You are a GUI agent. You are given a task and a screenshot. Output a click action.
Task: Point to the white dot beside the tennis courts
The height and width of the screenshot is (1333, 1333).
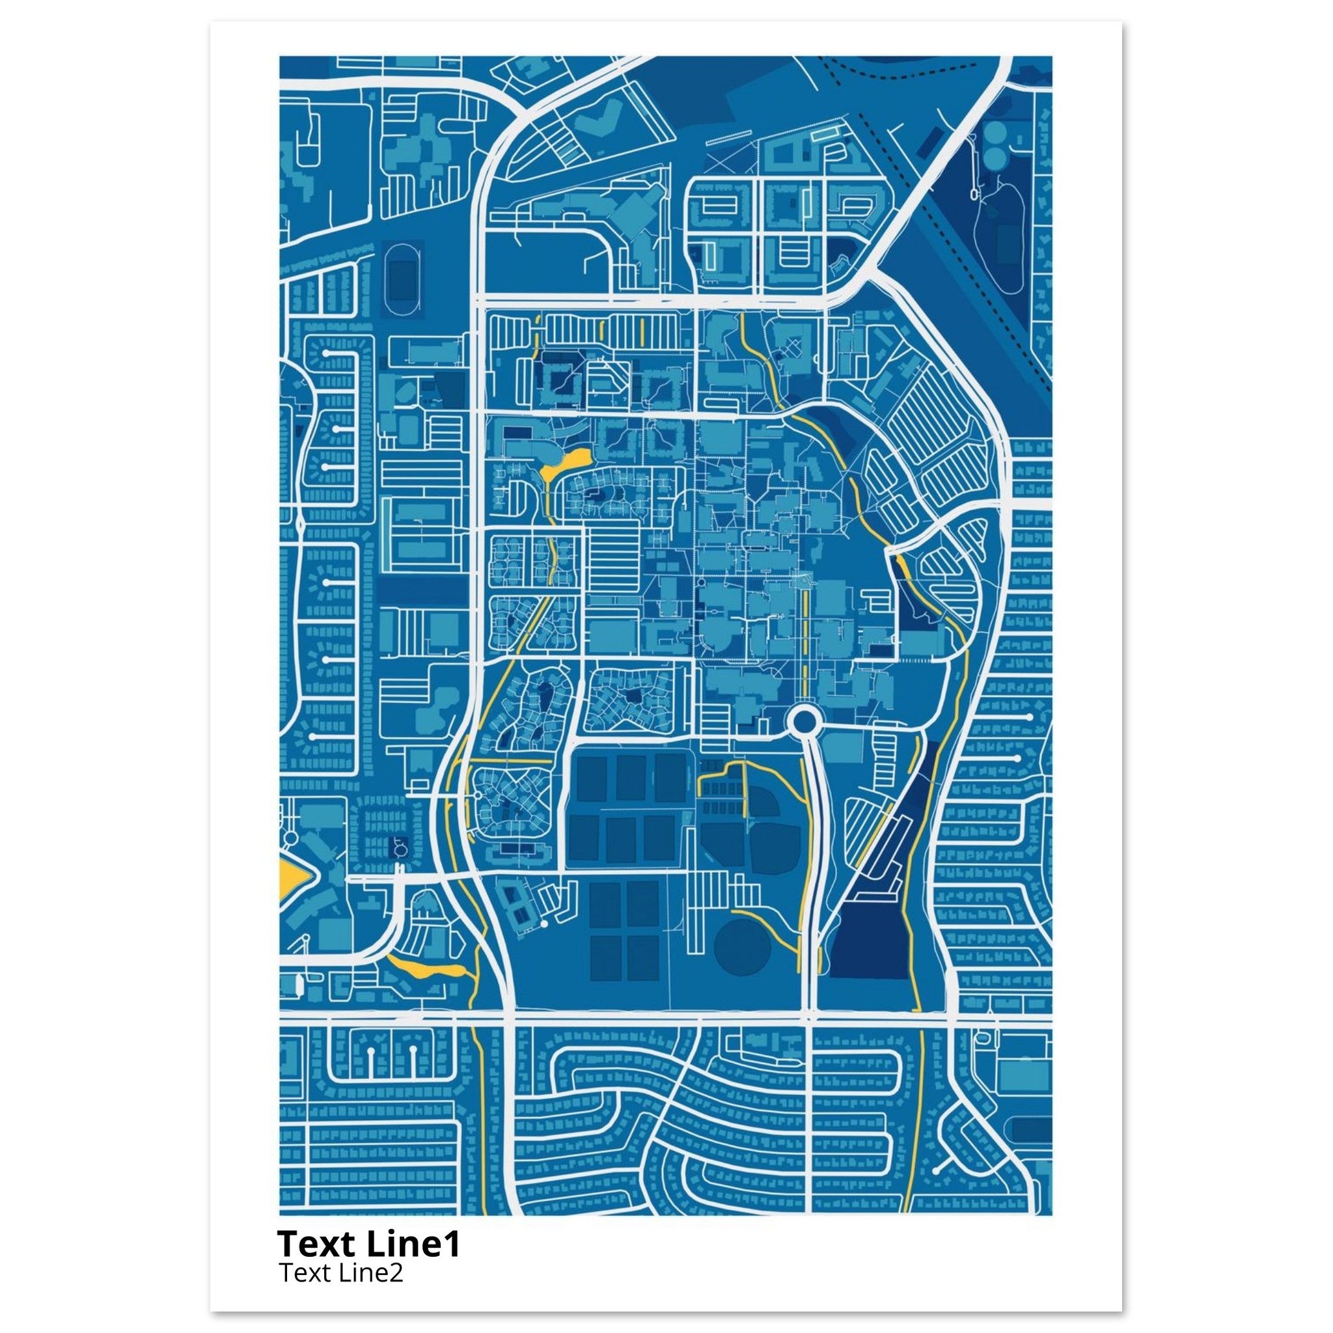point(543,923)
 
